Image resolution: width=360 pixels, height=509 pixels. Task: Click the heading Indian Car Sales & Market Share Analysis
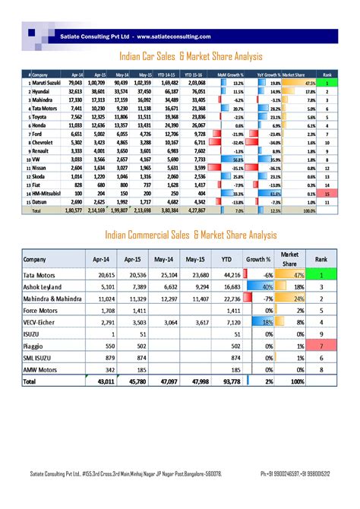pyautogui.click(x=191, y=56)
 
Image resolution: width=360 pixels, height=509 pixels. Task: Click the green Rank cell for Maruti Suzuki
pyautogui.click(x=327, y=82)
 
